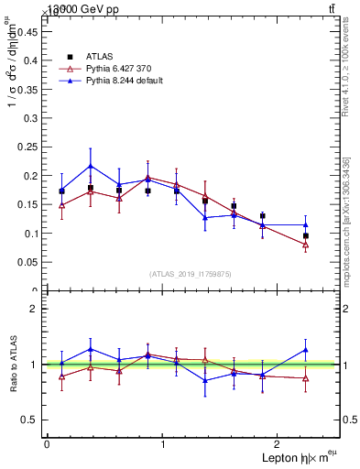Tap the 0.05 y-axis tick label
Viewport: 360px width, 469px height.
pyautogui.click(x=28, y=262)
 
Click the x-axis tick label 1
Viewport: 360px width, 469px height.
pyautogui.click(x=163, y=444)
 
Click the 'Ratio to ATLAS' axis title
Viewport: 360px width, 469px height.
pyautogui.click(x=12, y=364)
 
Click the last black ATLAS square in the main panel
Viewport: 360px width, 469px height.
pyautogui.click(x=306, y=236)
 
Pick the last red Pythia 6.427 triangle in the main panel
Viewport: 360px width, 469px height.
pyautogui.click(x=306, y=245)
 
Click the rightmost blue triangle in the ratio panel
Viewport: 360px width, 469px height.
pyautogui.click(x=306, y=349)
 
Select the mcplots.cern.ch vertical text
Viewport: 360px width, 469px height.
pyautogui.click(x=347, y=220)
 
